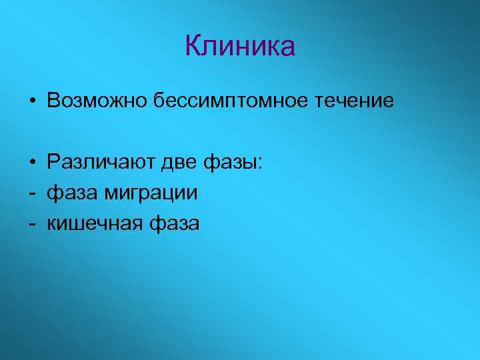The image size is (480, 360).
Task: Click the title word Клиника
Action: [239, 47]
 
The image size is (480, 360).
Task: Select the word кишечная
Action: [93, 225]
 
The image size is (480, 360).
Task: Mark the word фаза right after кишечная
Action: [174, 225]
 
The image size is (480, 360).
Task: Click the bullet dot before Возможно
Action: [32, 102]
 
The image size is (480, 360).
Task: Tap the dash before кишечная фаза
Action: [32, 225]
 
